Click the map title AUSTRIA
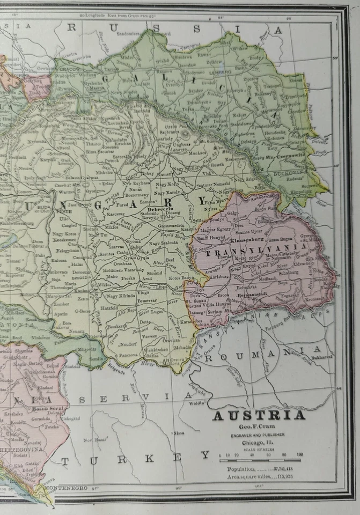pos(259,415)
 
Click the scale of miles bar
pos(260,460)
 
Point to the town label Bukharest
pos(322,355)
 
